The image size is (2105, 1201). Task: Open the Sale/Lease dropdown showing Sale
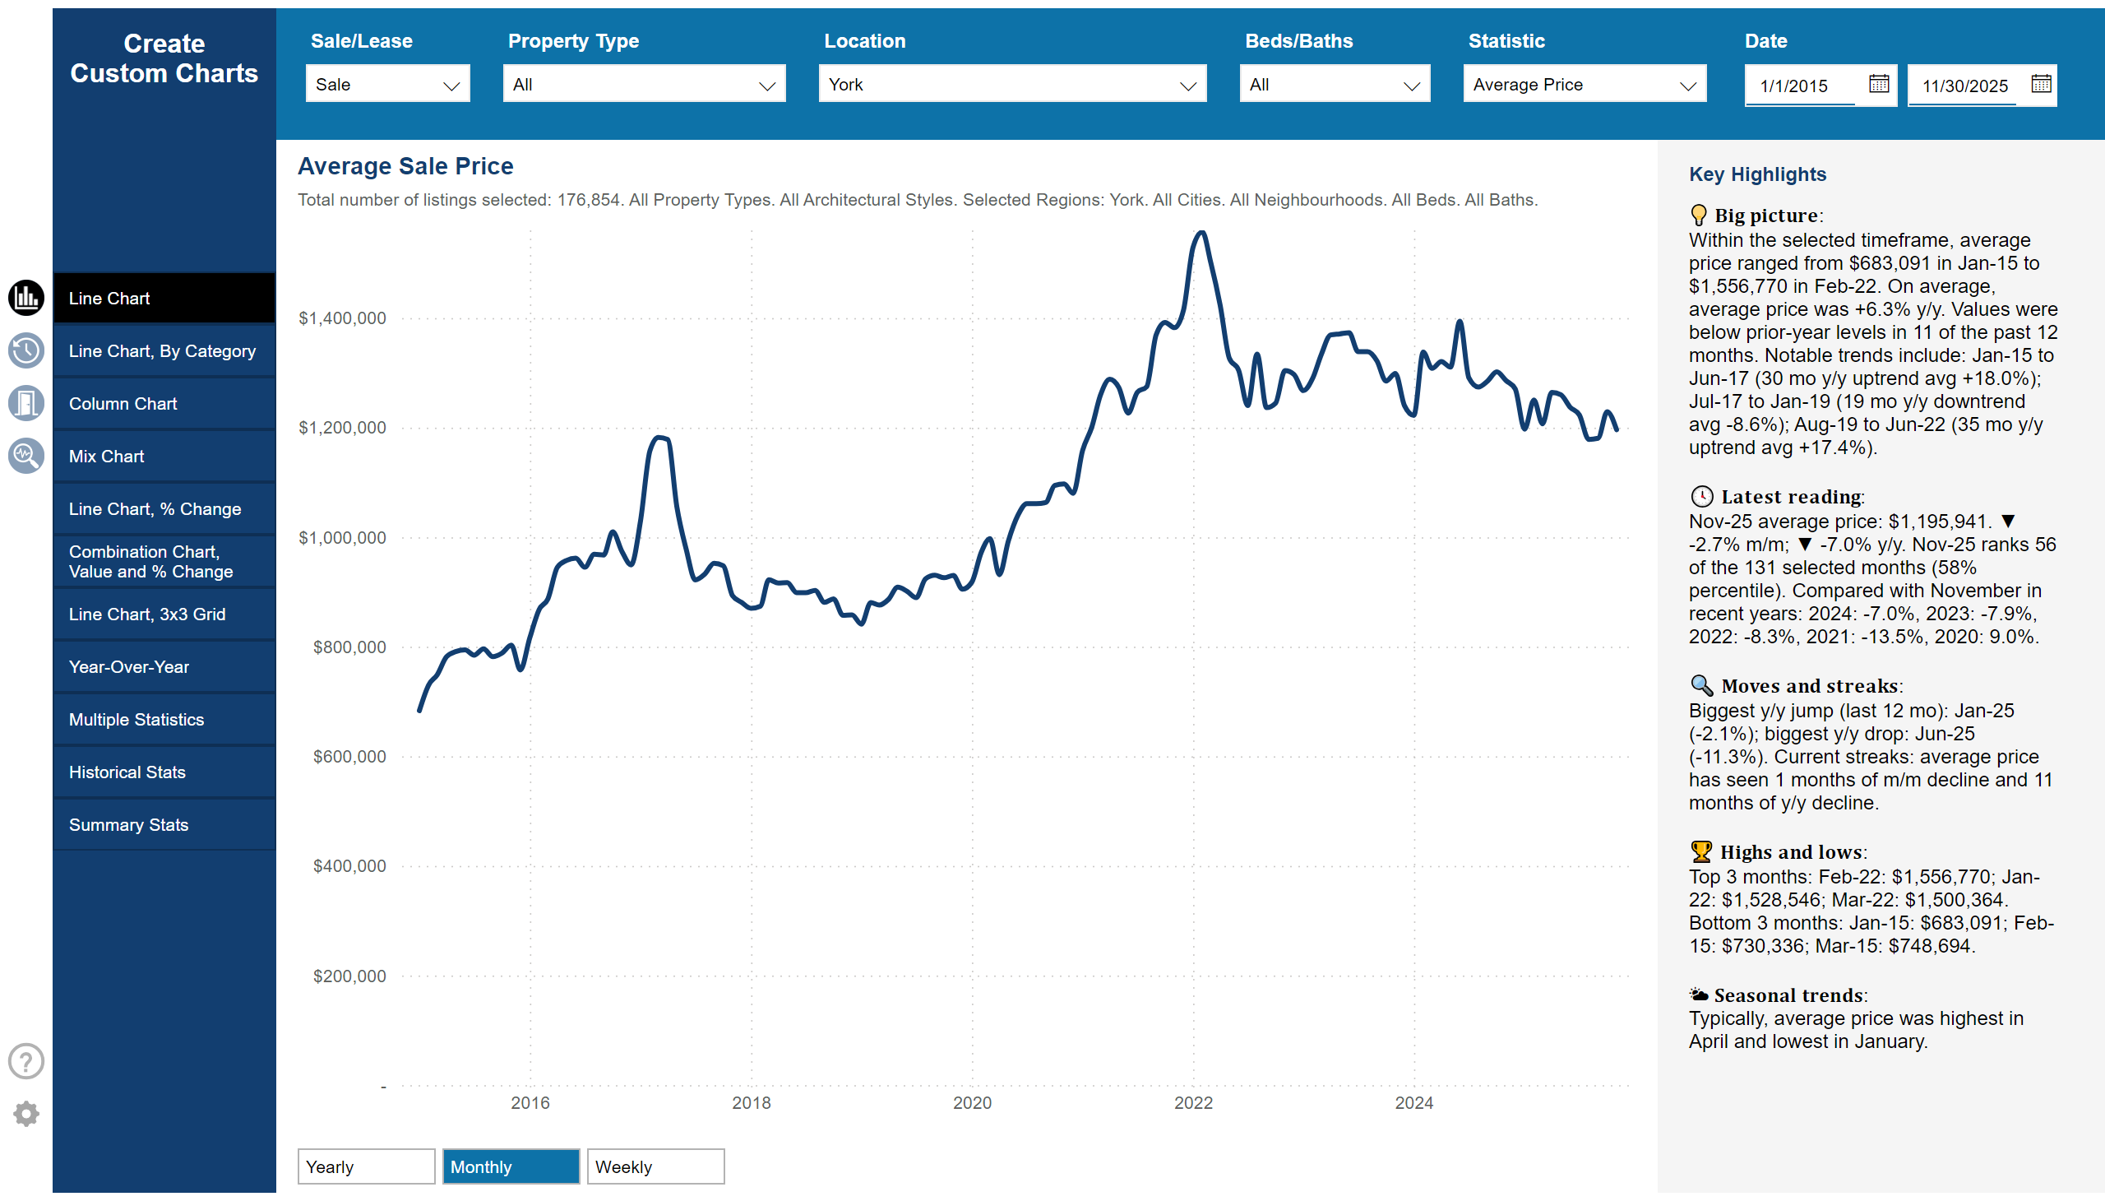386,84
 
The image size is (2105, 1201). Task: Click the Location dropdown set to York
1011,84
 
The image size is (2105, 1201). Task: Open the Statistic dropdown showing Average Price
1583,84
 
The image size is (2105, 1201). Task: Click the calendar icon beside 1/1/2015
1878,84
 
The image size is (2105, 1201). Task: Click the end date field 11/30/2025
1964,86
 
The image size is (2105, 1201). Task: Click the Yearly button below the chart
365,1166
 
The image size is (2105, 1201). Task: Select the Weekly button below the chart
655,1166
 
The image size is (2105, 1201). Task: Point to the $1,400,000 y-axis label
342,318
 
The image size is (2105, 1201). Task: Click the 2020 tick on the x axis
972,1103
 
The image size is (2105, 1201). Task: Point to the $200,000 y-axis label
349,976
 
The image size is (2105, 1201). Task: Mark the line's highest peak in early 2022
1202,234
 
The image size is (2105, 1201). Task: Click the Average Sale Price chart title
405,166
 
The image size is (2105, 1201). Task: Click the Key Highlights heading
1756,174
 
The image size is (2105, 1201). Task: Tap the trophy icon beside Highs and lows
1700,851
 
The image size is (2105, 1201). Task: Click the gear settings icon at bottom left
26,1114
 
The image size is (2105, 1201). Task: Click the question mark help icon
26,1062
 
